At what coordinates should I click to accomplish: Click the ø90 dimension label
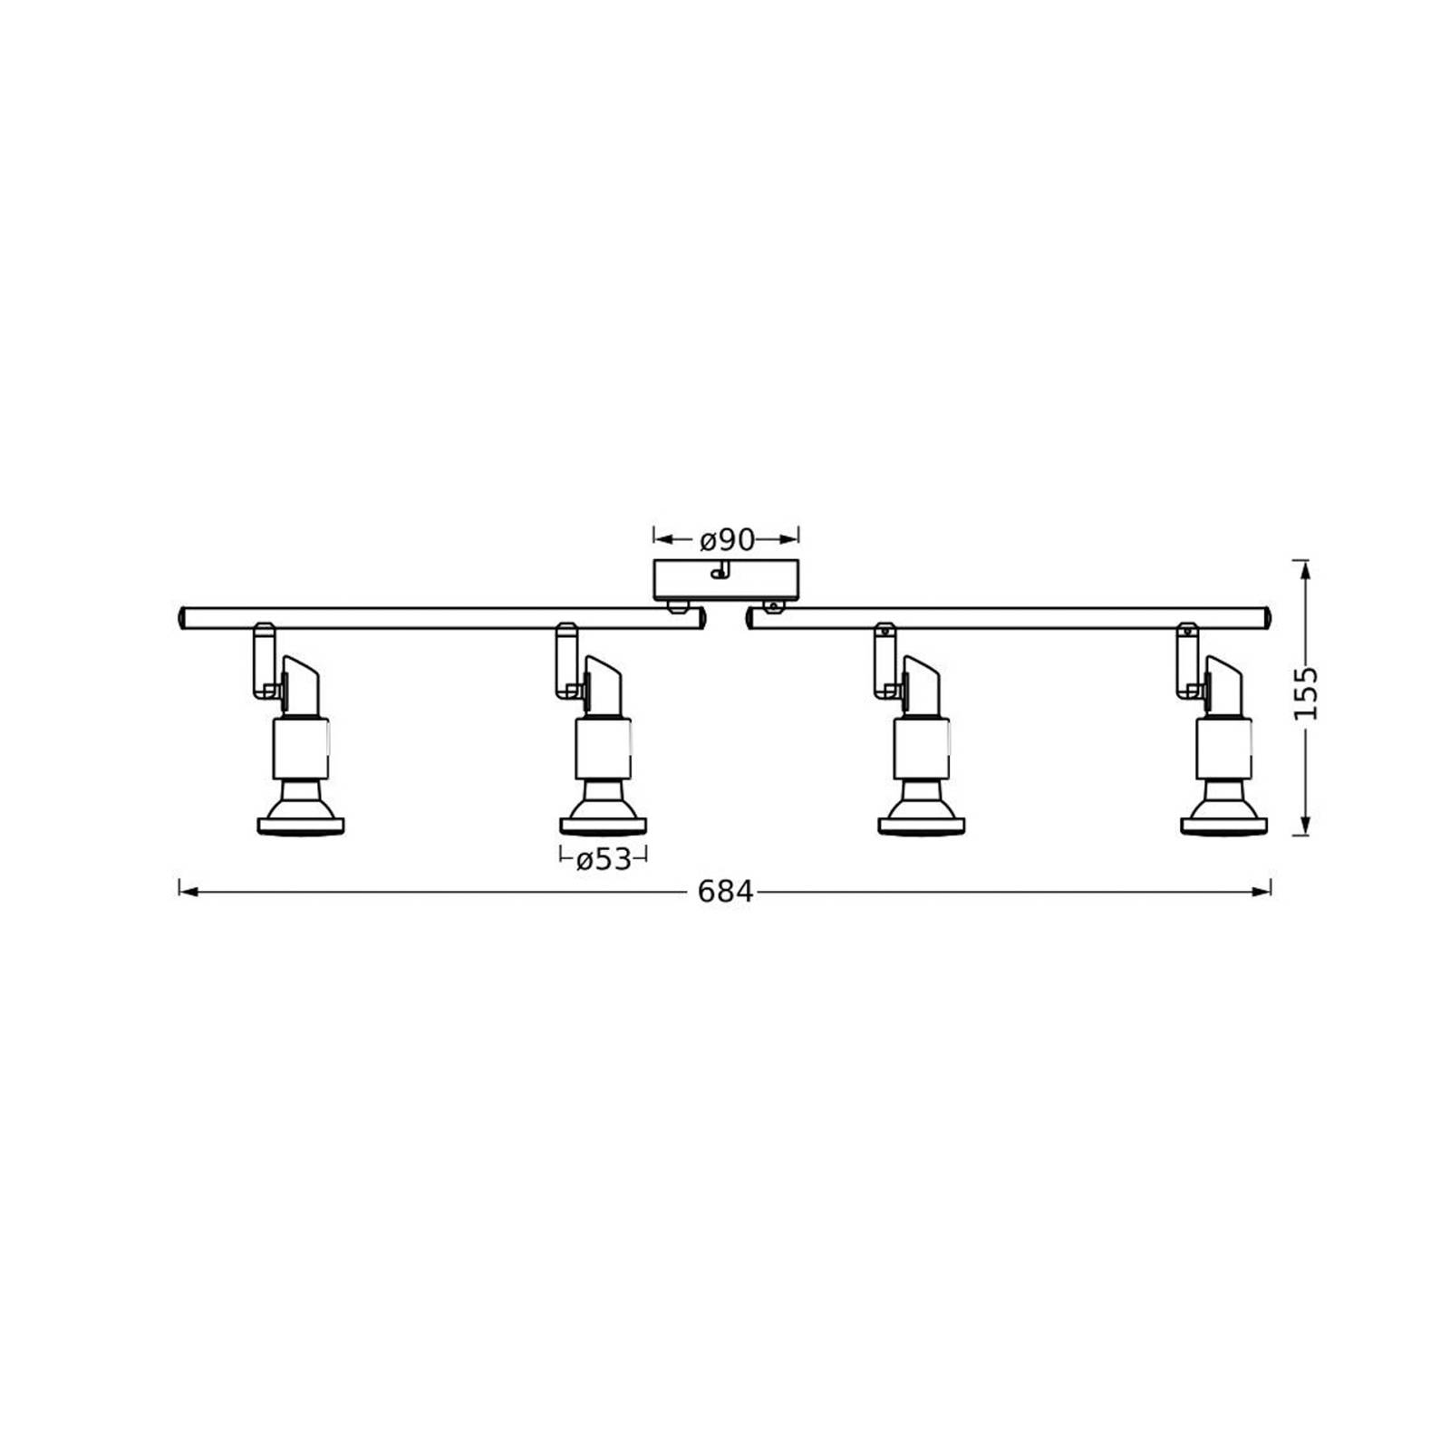(x=727, y=540)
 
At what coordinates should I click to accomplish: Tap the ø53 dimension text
(x=604, y=859)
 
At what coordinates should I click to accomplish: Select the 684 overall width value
(x=726, y=893)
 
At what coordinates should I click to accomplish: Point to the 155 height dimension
(x=1305, y=693)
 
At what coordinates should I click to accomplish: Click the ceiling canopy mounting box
(x=727, y=580)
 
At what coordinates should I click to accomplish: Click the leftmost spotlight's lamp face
(x=301, y=826)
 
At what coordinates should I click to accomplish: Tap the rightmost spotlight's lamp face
(x=1224, y=826)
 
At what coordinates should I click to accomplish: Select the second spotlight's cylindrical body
(x=604, y=748)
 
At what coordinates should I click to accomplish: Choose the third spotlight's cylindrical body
(x=922, y=748)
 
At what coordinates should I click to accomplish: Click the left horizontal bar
(x=442, y=619)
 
